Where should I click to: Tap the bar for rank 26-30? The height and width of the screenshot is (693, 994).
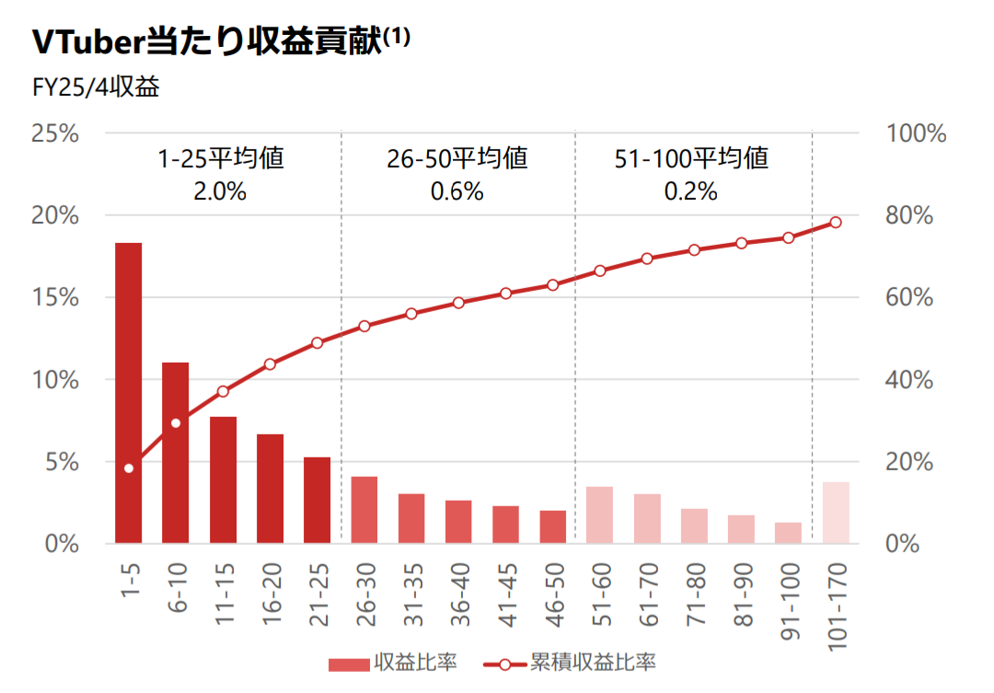[364, 510]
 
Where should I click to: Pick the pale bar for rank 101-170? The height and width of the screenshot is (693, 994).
[836, 513]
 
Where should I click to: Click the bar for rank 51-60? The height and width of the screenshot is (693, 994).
[599, 514]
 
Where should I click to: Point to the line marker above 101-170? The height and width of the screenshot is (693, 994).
[836, 222]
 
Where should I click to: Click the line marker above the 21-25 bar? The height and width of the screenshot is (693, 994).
[318, 342]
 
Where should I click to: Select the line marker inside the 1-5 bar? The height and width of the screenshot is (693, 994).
[129, 468]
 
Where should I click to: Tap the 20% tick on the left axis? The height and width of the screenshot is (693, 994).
[55, 215]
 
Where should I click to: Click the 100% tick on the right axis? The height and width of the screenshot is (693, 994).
[916, 133]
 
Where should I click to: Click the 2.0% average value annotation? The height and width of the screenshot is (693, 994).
[220, 191]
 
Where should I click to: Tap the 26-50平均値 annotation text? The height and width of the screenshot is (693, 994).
[457, 158]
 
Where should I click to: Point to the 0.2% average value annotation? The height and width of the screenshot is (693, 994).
[690, 191]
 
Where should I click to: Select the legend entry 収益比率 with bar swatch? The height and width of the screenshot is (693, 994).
[393, 662]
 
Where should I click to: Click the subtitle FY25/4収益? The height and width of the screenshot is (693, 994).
[96, 88]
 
